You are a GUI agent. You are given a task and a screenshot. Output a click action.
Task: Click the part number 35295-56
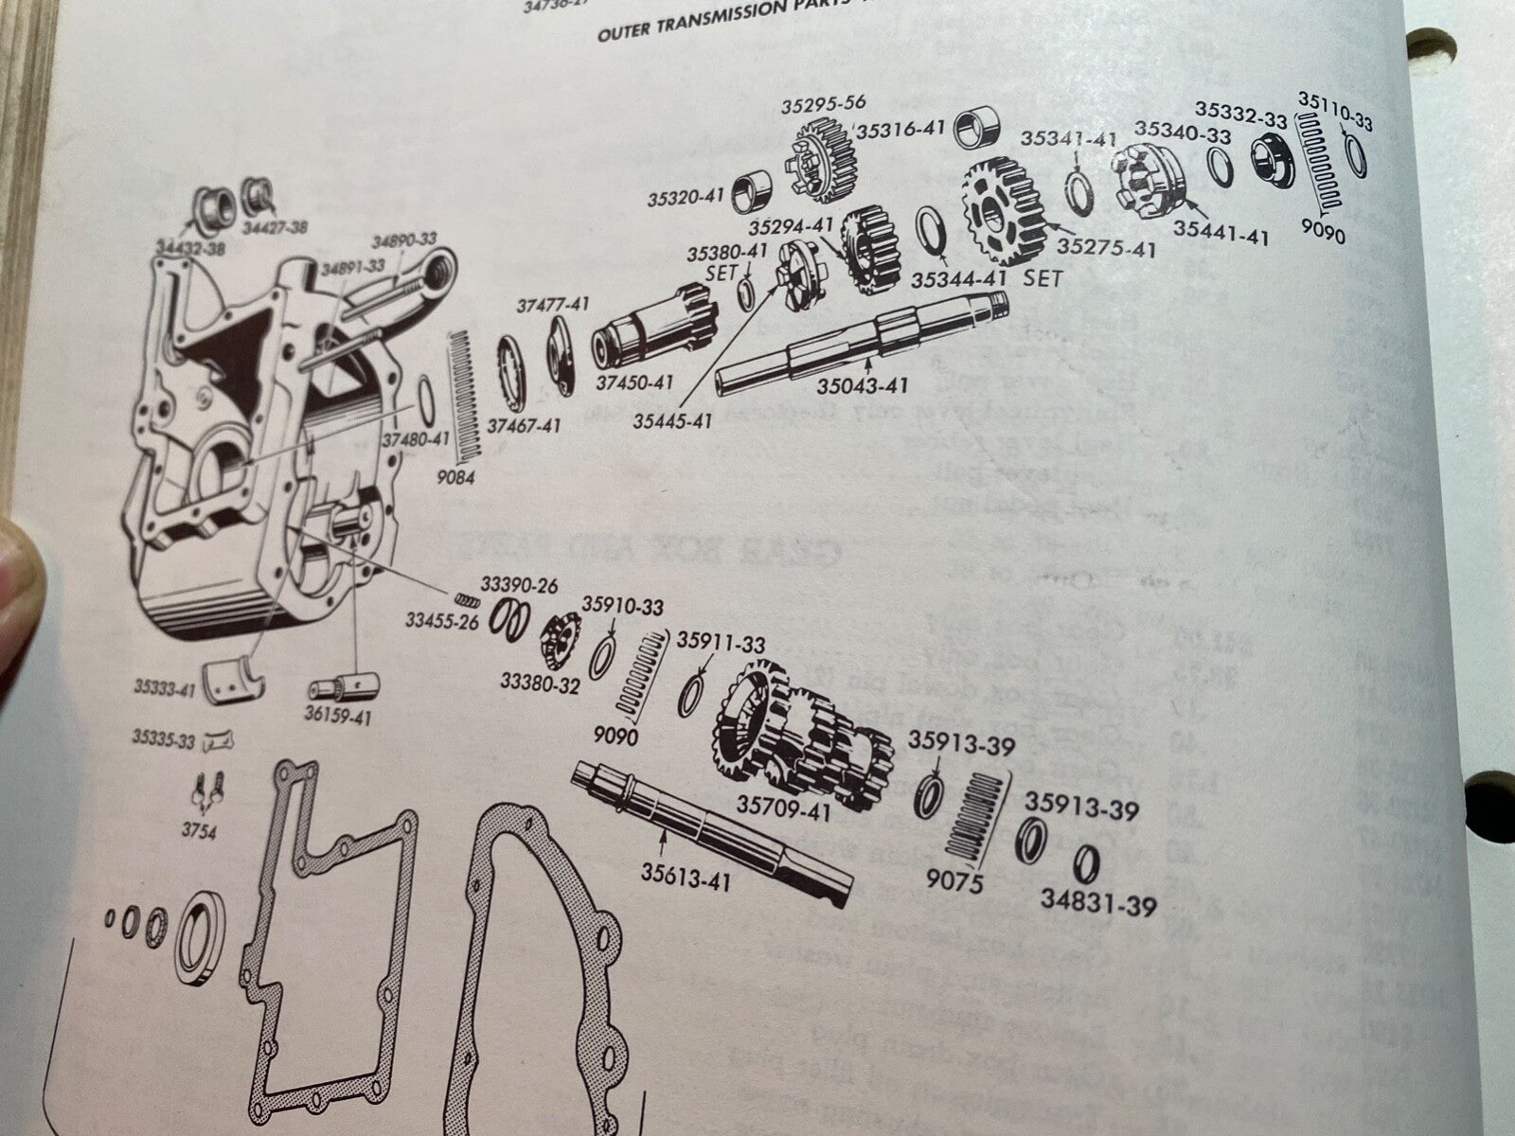coord(823,103)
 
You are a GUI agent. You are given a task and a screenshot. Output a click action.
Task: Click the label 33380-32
coord(540,683)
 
